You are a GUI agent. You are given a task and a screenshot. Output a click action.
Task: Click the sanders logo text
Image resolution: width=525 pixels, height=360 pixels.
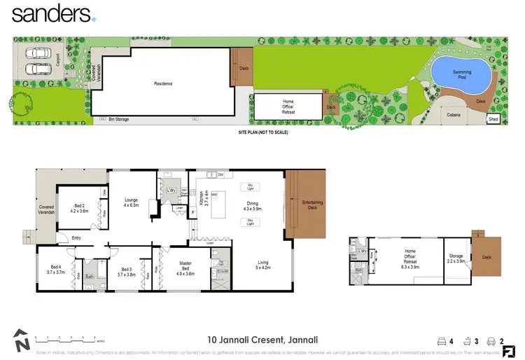pos(50,13)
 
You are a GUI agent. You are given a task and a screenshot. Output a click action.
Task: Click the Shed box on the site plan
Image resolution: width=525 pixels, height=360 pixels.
pos(494,119)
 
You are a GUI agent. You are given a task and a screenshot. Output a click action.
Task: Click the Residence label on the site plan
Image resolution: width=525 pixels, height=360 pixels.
pos(163,84)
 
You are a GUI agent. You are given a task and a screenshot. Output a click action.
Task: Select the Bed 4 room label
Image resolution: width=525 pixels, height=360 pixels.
pos(55,269)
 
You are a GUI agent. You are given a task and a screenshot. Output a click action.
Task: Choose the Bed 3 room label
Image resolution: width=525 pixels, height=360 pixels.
pos(126,270)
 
